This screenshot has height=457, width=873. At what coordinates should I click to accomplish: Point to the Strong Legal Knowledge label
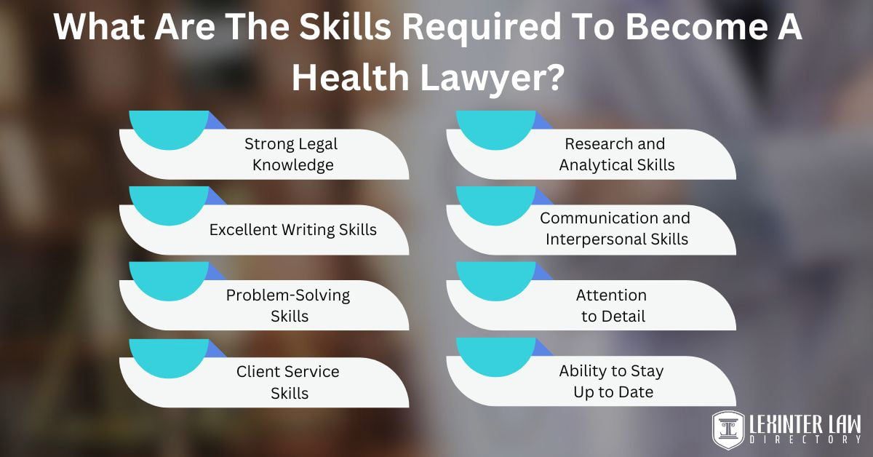292,154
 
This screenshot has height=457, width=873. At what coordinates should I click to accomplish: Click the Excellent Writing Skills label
293,230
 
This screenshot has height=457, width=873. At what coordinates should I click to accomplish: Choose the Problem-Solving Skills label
289,306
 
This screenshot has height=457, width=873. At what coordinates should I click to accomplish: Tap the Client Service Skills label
289,382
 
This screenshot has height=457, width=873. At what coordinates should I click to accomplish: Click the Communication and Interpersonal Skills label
615,228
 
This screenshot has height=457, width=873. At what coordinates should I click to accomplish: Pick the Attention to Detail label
613,306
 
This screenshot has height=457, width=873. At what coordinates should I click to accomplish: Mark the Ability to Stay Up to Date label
611,381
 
